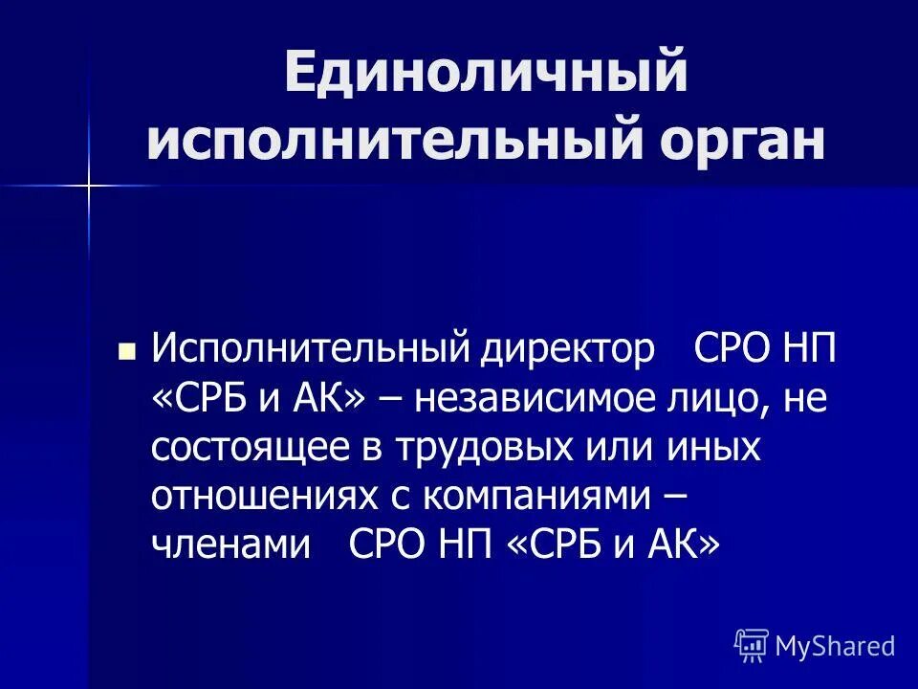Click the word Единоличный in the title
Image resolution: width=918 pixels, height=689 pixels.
click(x=486, y=74)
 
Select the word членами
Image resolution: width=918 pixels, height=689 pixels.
click(x=230, y=545)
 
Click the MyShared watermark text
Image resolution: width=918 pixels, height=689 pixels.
click(x=835, y=646)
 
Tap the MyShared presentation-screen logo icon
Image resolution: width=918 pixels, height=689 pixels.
click(x=752, y=646)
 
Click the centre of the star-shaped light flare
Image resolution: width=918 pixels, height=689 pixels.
click(x=88, y=184)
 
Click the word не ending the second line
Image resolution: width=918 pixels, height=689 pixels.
click(x=805, y=398)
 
